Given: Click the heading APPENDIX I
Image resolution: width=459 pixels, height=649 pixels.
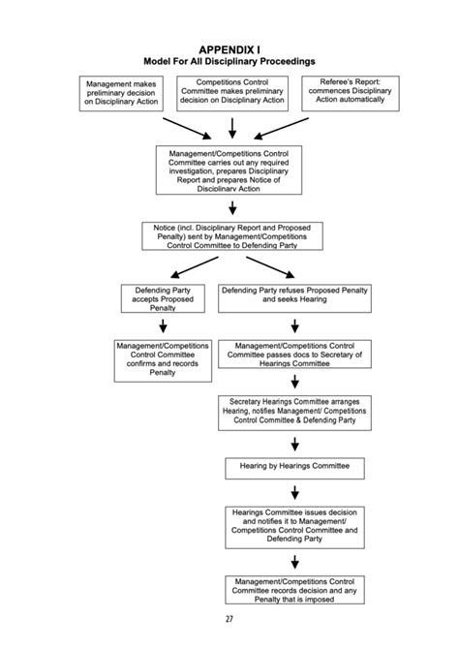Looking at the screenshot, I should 229,47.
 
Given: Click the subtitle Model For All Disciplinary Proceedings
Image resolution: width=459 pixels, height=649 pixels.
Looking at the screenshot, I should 229,60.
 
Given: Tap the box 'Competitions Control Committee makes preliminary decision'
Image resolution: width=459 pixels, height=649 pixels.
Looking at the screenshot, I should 232,93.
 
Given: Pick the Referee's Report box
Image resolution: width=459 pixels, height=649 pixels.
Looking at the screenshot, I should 351,93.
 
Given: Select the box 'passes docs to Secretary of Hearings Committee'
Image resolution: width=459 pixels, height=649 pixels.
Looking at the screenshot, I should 295,355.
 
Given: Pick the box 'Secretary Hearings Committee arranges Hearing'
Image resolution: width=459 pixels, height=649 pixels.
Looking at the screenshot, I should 294,412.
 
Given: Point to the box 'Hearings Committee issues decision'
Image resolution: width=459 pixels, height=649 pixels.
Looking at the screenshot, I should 294,526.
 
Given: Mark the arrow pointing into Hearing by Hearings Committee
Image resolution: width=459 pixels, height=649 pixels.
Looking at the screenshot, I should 294,444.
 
